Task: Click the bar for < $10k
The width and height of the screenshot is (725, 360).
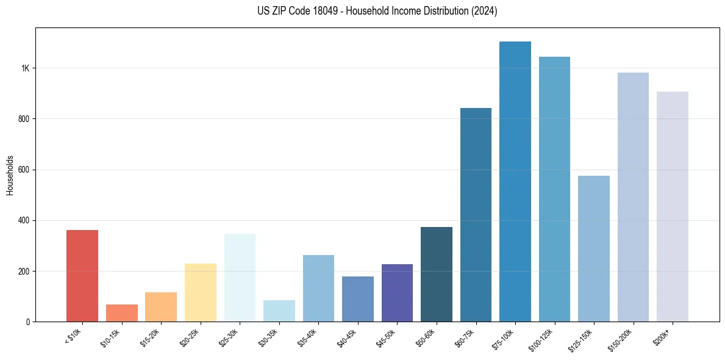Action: pyautogui.click(x=82, y=276)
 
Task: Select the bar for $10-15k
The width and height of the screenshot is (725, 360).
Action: pyautogui.click(x=121, y=313)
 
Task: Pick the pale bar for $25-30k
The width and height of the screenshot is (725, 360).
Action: pyautogui.click(x=240, y=278)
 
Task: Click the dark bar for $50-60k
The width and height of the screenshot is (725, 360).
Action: pyautogui.click(x=437, y=275)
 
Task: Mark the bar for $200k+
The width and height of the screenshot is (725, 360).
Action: pyautogui.click(x=673, y=207)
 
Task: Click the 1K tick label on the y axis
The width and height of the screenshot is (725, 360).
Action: pyautogui.click(x=25, y=68)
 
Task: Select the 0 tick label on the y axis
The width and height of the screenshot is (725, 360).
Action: pyautogui.click(x=27, y=322)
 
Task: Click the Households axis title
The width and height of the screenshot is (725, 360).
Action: pyautogui.click(x=10, y=175)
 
